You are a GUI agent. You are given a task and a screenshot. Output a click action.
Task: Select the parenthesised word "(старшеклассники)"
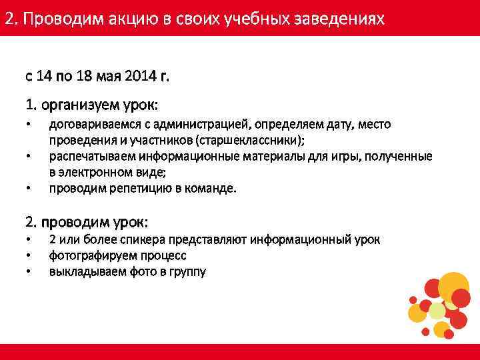point(251,141)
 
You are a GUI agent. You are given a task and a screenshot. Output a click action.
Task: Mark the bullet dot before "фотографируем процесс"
point(29,255)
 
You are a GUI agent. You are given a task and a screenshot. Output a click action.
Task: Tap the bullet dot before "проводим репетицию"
point(29,189)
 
